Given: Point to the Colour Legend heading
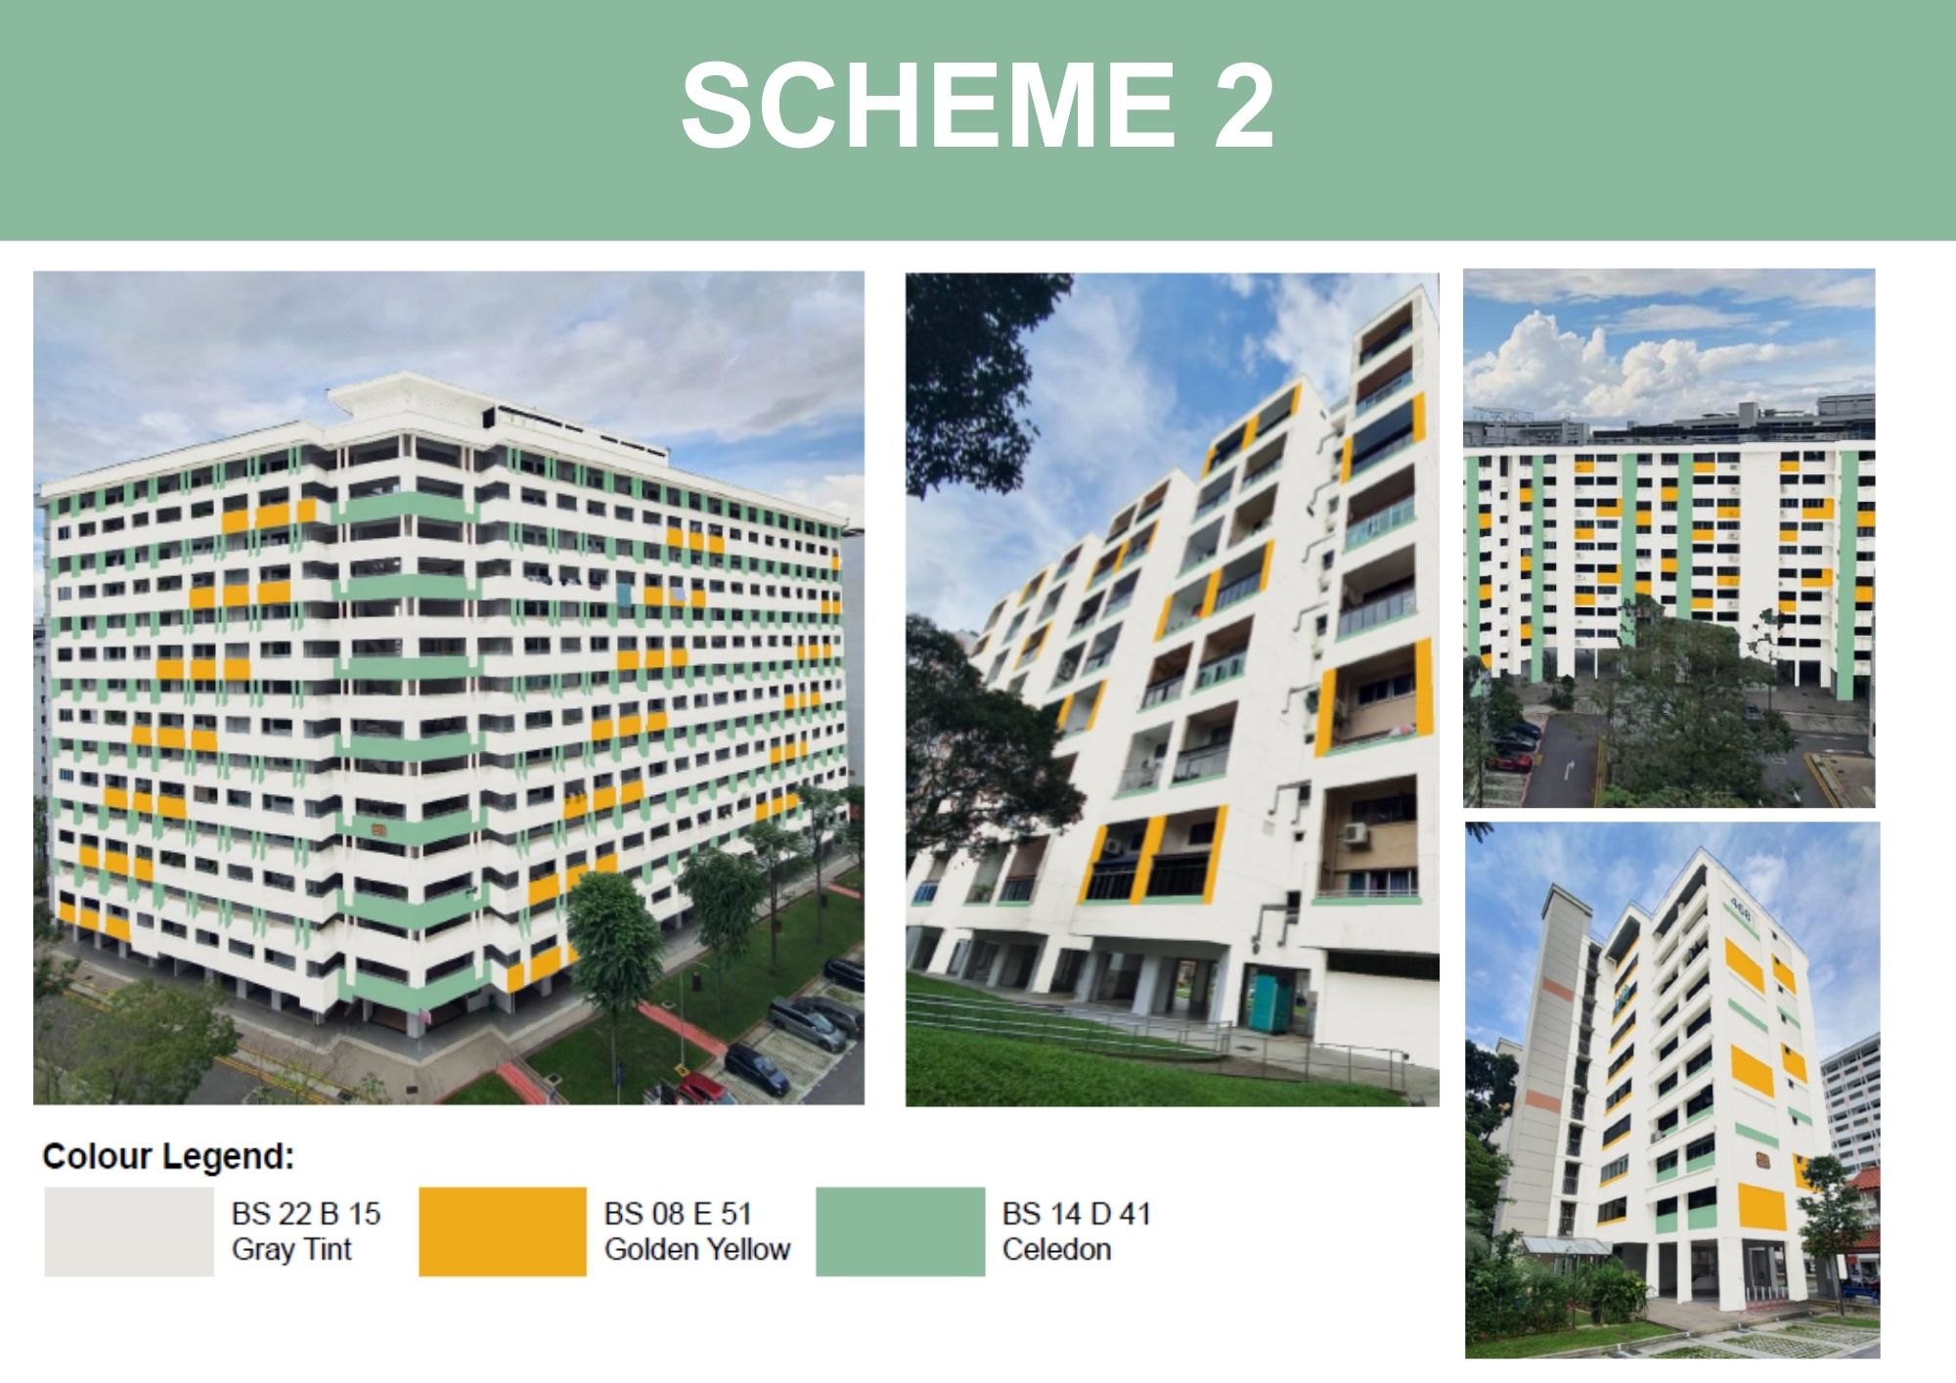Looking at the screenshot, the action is [168, 1156].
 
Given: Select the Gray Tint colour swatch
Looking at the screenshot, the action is [129, 1231].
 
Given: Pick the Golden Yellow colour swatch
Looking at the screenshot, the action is [503, 1231].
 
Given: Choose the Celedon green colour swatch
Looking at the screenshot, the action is [901, 1231].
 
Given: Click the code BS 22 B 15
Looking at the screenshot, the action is [306, 1214].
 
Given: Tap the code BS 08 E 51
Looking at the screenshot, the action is [678, 1214].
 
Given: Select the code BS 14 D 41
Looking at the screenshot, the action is [1077, 1214].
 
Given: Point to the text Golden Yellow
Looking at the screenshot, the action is [697, 1249].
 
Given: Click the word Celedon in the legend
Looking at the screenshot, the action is [1057, 1249].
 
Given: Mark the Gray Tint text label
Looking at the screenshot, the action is [291, 1249].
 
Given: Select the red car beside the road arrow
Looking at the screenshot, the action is [1512, 760].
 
